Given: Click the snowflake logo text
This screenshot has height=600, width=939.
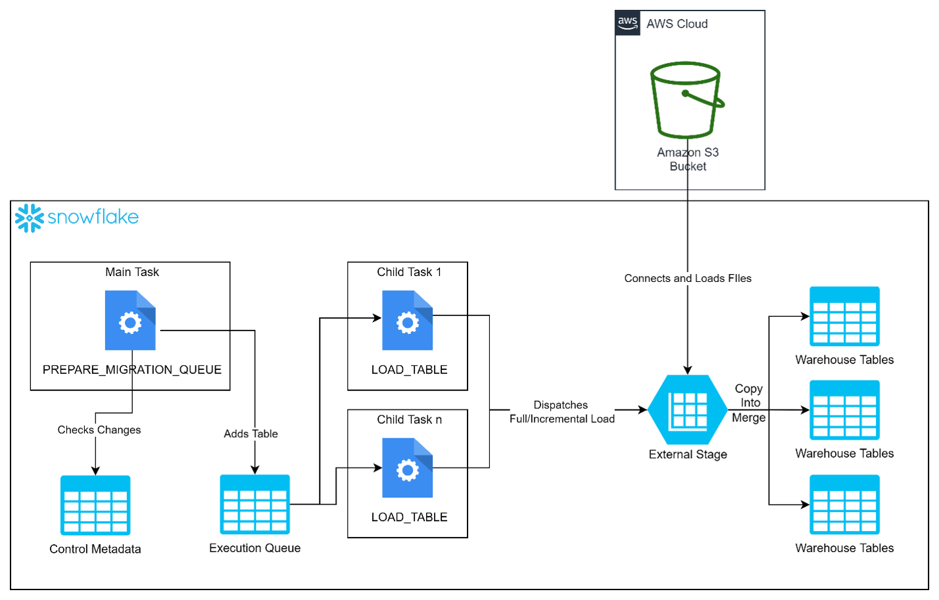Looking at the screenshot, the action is point(93,217).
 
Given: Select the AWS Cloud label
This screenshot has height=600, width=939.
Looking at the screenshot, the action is point(677,24).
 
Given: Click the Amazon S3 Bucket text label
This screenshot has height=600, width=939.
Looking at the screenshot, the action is point(688,159).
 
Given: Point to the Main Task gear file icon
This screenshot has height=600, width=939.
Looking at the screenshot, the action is point(130,321).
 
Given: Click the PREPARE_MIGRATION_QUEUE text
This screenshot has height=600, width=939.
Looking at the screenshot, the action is point(132,369).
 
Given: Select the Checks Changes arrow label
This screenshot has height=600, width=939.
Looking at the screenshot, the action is point(99,430).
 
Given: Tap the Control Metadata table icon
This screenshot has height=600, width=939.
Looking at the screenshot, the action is point(95,505).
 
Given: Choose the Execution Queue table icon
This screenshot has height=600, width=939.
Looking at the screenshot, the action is point(254,504).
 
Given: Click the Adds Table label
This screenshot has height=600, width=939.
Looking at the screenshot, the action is point(251,434).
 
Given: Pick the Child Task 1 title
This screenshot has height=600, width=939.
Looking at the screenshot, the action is point(409,272).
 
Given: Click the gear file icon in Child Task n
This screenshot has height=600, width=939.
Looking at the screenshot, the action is point(407,468).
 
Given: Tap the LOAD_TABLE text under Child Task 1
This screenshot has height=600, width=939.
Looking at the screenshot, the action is point(409,369).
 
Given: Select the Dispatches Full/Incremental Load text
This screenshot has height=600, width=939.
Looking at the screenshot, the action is point(562,412).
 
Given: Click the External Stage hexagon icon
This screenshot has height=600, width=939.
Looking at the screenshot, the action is point(688,410).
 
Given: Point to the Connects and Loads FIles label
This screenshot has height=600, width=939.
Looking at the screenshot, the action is point(688,278).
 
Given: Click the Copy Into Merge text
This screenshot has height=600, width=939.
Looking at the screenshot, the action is point(749,403).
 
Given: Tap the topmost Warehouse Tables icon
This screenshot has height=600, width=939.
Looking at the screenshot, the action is point(844,316).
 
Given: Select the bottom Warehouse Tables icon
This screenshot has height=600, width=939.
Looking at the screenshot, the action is point(844,505).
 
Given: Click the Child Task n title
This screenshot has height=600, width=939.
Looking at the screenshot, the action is point(409,419).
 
